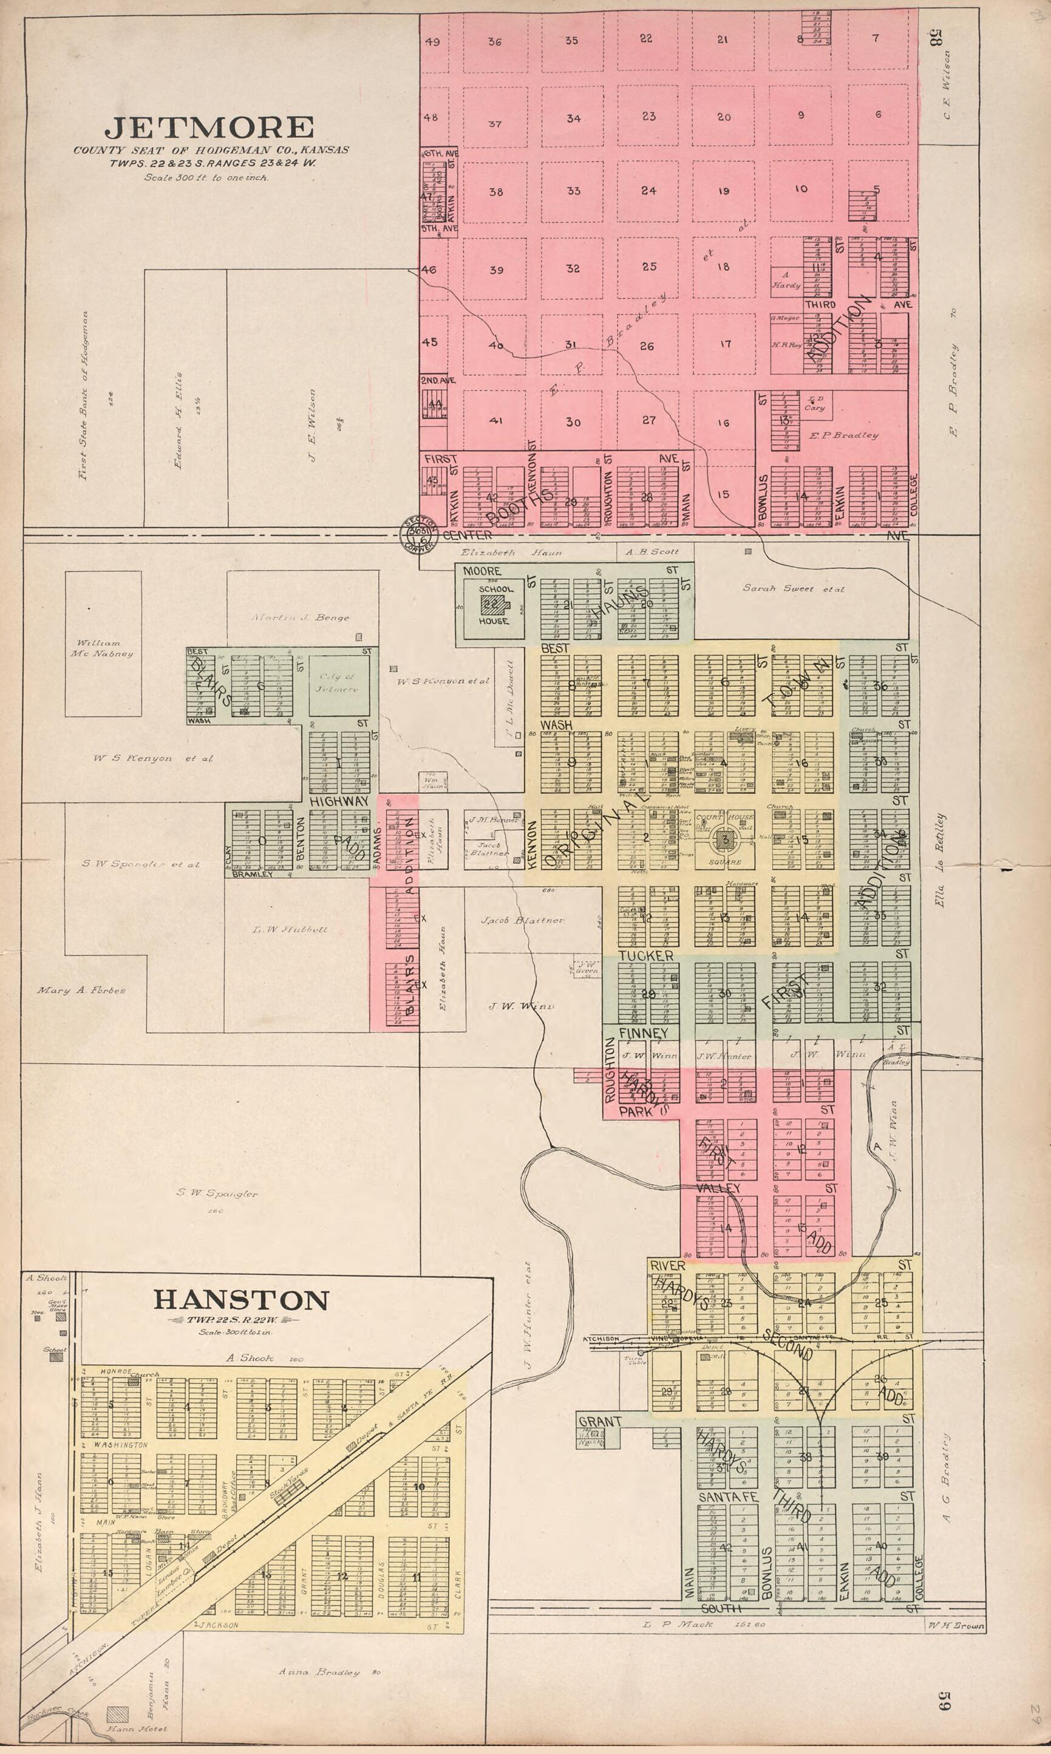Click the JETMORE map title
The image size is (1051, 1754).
(209, 128)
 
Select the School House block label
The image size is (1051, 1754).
(494, 604)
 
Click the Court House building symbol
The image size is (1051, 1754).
(724, 840)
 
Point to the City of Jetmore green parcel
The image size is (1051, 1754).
(339, 684)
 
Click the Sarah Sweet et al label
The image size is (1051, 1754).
(793, 588)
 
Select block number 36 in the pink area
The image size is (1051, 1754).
(494, 42)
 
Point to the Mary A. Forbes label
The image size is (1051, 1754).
(81, 991)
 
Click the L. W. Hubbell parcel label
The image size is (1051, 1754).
(290, 929)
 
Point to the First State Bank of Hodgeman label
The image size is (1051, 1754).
(84, 397)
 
